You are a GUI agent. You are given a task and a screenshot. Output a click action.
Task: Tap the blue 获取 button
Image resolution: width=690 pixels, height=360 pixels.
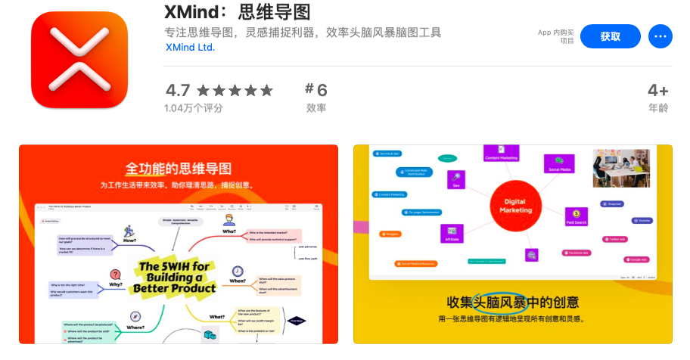[x=610, y=36]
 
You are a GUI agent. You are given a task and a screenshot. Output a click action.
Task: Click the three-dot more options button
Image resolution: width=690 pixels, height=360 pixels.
[x=660, y=36]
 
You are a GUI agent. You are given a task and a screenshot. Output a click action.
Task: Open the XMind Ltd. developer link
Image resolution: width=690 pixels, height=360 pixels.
[x=190, y=47]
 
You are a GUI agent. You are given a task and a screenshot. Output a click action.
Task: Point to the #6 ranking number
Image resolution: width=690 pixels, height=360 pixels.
[x=316, y=90]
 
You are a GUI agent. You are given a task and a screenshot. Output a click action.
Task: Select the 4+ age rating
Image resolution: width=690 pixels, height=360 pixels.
[x=657, y=91]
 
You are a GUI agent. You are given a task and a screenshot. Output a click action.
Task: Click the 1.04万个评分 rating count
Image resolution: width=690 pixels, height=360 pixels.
[x=194, y=108]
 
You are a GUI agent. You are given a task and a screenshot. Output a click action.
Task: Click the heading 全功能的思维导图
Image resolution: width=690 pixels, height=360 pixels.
[x=179, y=168]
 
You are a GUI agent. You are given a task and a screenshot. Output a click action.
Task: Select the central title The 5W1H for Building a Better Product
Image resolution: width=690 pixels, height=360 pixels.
[x=175, y=277]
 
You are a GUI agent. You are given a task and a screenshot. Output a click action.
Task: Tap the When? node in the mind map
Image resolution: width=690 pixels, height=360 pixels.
[x=238, y=281]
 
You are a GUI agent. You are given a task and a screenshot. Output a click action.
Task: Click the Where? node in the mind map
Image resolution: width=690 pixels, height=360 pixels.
[x=136, y=327]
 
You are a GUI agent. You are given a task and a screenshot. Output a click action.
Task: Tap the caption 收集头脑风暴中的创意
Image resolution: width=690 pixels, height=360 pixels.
[x=512, y=303]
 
